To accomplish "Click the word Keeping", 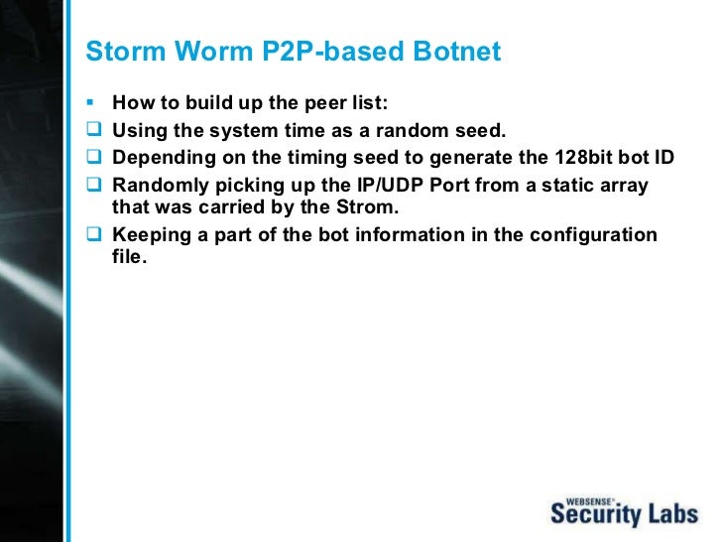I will pos(151,235).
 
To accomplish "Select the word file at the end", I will pos(129,256).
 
